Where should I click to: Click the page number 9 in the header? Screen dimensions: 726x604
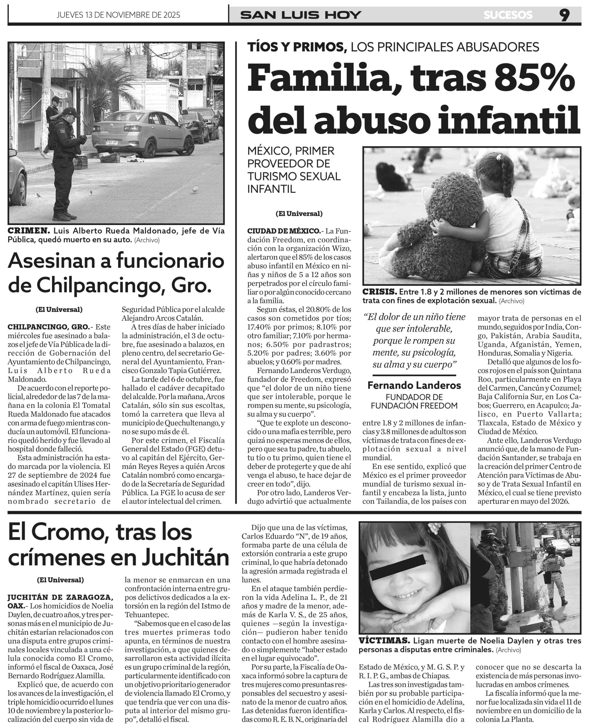(565, 15)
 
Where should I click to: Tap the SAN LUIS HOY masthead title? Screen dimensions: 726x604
(301, 15)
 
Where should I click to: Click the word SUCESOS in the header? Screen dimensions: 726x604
(508, 15)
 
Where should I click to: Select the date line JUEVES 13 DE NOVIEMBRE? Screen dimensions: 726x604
(118, 15)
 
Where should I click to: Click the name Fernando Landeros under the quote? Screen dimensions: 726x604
(414, 385)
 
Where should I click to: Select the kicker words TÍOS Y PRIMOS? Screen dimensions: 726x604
(297, 47)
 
